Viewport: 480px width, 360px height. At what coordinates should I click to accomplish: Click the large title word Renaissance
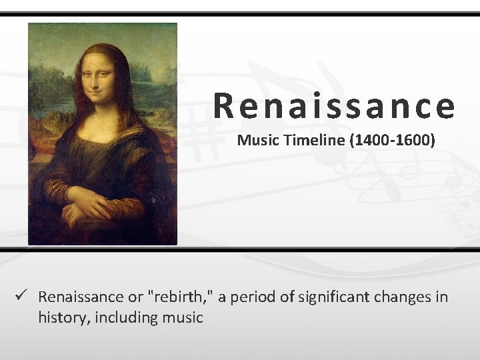[335, 106]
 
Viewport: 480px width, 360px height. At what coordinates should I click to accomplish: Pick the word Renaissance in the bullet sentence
[81, 297]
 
